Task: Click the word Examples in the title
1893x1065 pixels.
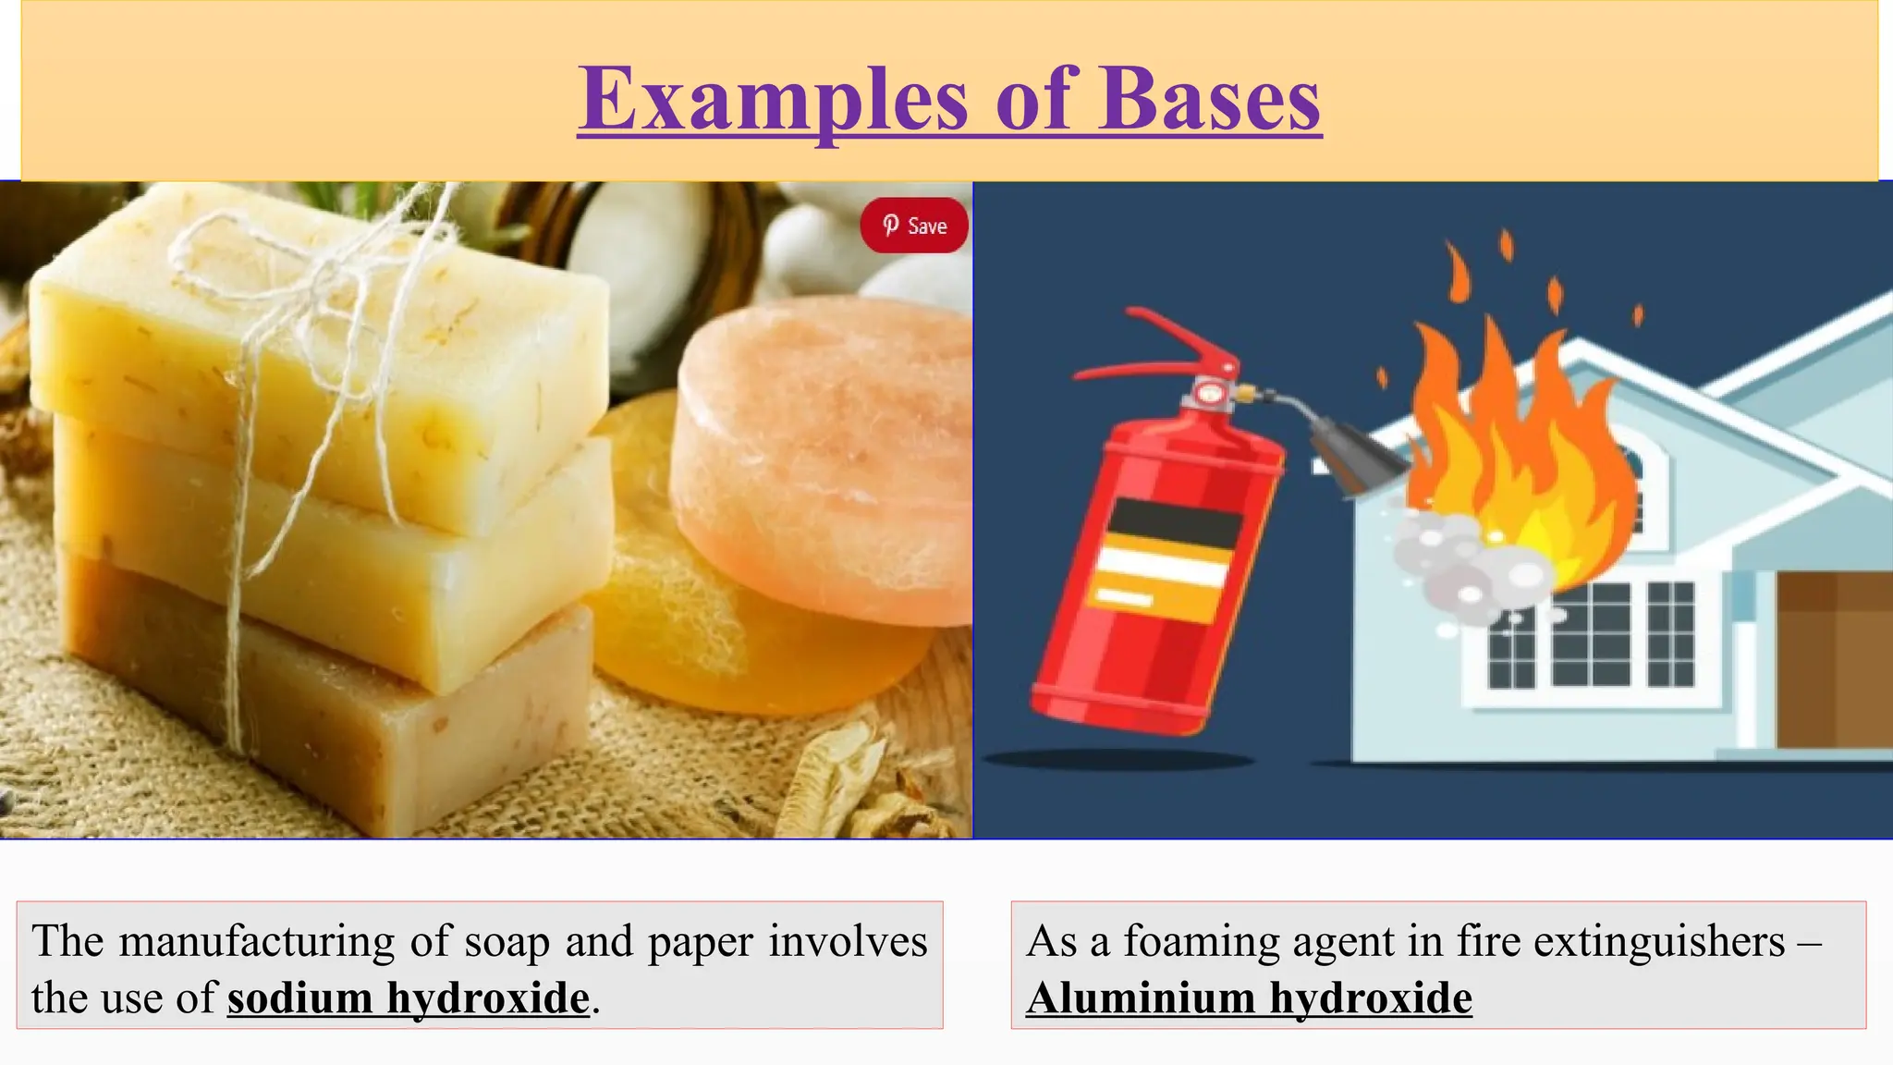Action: coord(773,100)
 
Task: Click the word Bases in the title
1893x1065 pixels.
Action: coord(1210,100)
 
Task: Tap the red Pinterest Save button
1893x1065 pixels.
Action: coord(914,226)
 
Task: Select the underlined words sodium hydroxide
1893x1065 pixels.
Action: coord(409,998)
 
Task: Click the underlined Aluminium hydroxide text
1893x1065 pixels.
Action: coord(1249,998)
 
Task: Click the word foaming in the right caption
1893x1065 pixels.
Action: coord(1201,942)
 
